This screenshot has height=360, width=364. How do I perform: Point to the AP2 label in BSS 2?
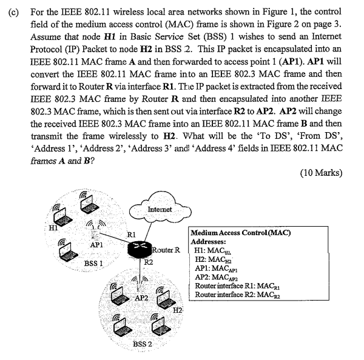pos(142,298)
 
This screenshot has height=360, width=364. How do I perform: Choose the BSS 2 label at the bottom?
pos(143,345)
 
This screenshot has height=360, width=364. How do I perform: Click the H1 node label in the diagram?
pos(54,228)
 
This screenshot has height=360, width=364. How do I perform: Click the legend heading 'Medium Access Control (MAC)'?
pos(240,233)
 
